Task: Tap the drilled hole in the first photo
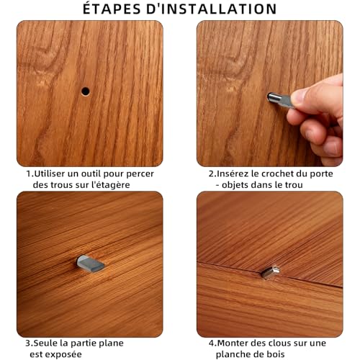tap(85, 91)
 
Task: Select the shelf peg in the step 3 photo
tap(91, 264)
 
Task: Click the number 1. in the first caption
tap(30, 174)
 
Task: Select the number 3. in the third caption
tap(30, 343)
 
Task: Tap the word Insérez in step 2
tap(235, 174)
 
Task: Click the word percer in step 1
tap(140, 174)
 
